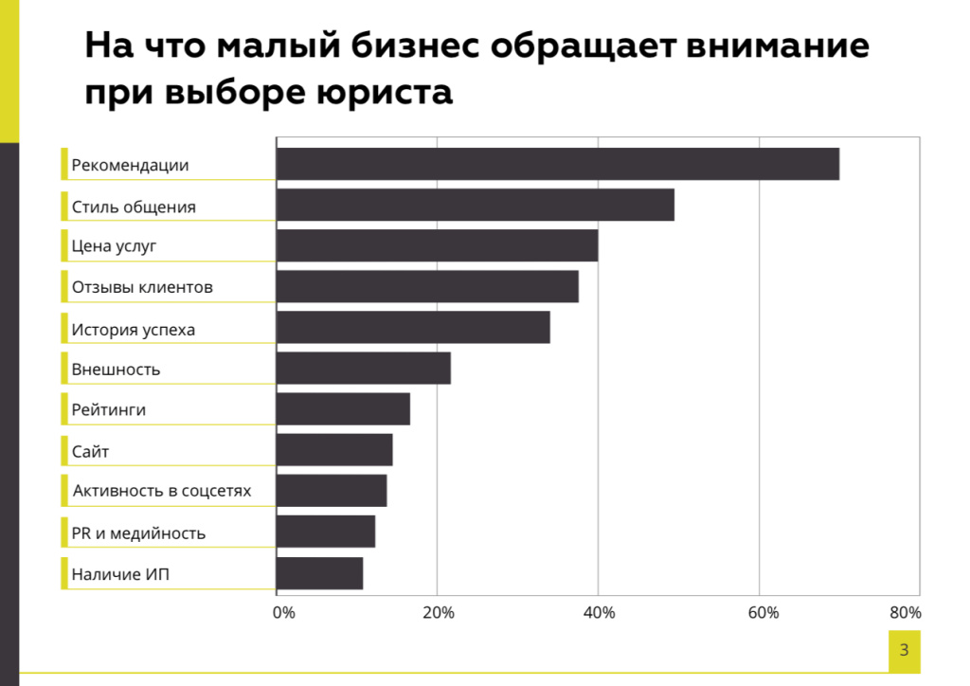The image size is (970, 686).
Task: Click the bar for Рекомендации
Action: click(x=558, y=164)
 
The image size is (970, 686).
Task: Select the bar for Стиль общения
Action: click(x=476, y=205)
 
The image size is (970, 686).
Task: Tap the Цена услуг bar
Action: click(x=438, y=245)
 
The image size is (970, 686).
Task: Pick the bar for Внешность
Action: click(x=364, y=368)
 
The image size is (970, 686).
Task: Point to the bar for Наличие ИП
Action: click(x=320, y=573)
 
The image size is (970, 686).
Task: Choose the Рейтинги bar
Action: click(x=343, y=409)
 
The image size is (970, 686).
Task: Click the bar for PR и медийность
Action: click(x=326, y=532)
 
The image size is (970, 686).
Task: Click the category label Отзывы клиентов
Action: click(x=142, y=287)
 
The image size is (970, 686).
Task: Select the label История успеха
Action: click(x=133, y=330)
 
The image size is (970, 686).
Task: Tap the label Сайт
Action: click(x=90, y=452)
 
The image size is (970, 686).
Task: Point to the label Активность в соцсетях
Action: click(x=162, y=491)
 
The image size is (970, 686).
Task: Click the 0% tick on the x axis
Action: click(x=284, y=612)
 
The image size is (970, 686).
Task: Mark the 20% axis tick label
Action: click(x=439, y=612)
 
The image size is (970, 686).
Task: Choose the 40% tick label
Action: click(x=600, y=612)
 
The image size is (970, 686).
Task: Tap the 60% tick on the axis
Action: click(x=763, y=612)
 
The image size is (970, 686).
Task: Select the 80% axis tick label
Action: click(x=906, y=612)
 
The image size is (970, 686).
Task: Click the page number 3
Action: click(x=905, y=649)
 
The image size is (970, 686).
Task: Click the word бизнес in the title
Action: click(x=415, y=45)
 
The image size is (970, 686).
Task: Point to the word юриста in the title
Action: click(x=385, y=93)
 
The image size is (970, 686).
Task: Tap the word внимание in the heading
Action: click(x=778, y=46)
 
